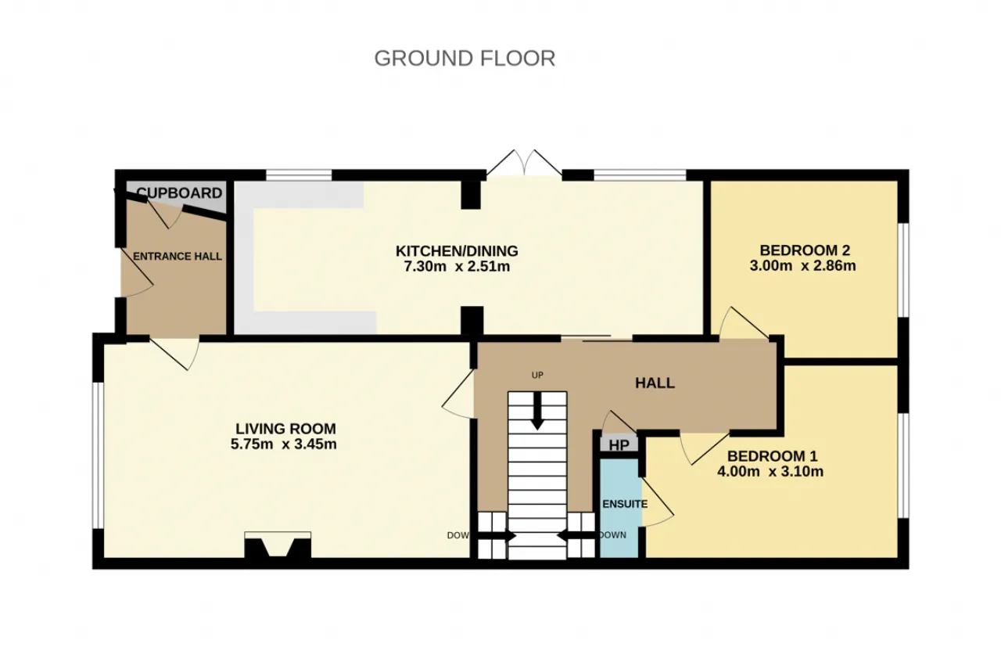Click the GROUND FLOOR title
click(x=465, y=59)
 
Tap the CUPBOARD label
click(x=179, y=193)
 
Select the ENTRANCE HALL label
click(x=178, y=257)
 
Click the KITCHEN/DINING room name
click(x=457, y=251)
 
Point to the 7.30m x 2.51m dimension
click(x=457, y=267)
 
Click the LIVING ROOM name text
click(x=285, y=429)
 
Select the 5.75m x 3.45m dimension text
click(x=284, y=444)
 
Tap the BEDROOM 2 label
click(x=805, y=250)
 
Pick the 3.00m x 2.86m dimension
click(x=802, y=266)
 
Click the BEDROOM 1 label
click(x=772, y=456)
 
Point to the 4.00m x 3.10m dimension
click(x=770, y=471)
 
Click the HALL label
click(x=655, y=383)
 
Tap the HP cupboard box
click(x=619, y=444)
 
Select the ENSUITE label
click(x=625, y=504)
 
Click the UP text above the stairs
click(x=537, y=375)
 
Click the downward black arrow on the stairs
click(x=537, y=411)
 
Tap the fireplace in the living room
click(x=278, y=545)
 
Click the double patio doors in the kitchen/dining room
click(x=524, y=164)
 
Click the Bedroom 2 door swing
click(x=743, y=323)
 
